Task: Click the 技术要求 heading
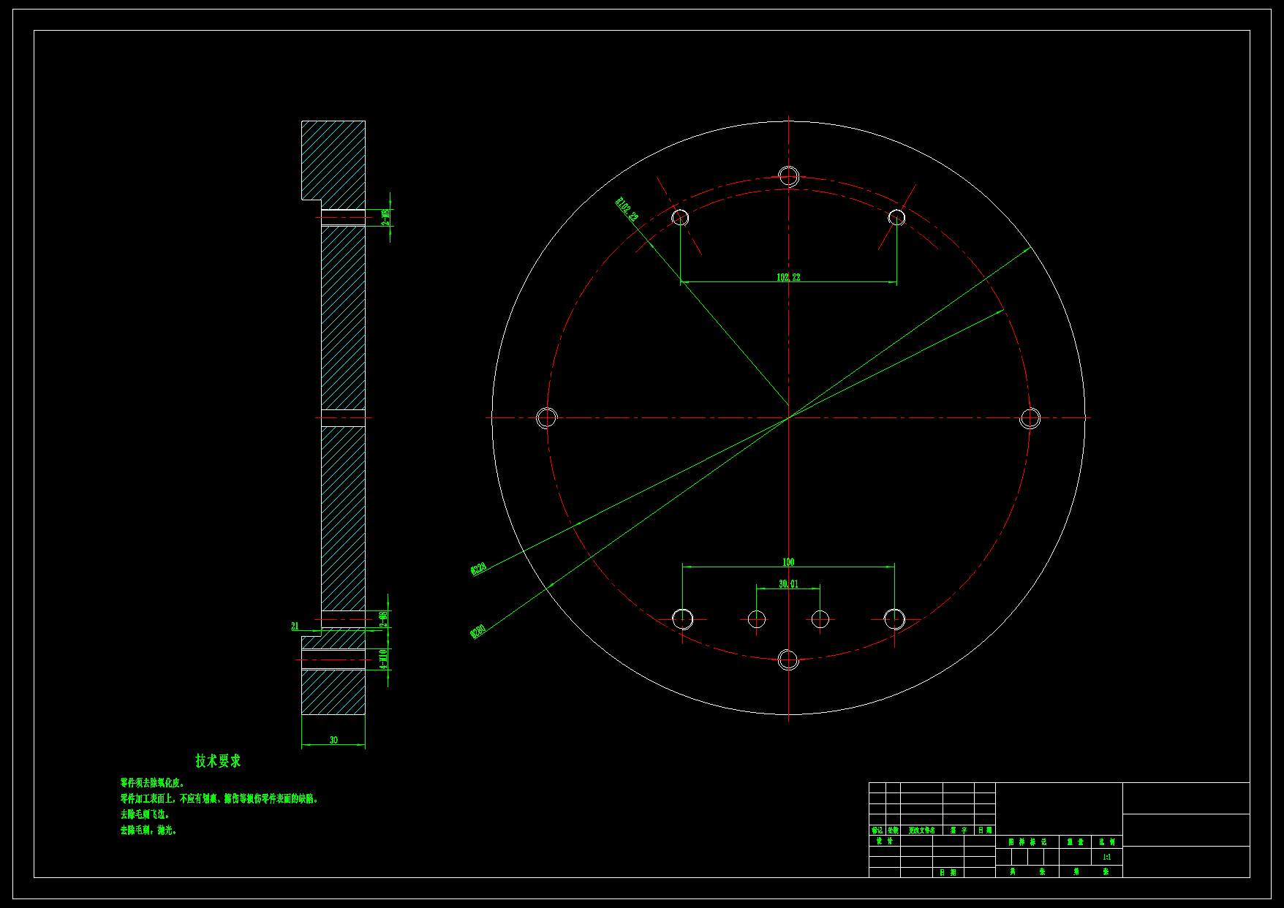pyautogui.click(x=218, y=761)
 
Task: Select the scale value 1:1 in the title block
pyautogui.click(x=1106, y=857)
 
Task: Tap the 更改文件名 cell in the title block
pyautogui.click(x=921, y=831)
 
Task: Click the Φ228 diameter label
pyautogui.click(x=479, y=569)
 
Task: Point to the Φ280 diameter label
pyautogui.click(x=478, y=630)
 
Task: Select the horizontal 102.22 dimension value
pyautogui.click(x=788, y=277)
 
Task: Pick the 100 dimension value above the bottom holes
pyautogui.click(x=788, y=562)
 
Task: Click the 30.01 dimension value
pyautogui.click(x=788, y=584)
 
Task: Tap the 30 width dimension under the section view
pyautogui.click(x=333, y=740)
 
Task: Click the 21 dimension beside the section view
pyautogui.click(x=295, y=627)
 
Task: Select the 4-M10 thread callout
pyautogui.click(x=384, y=659)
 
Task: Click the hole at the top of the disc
pyautogui.click(x=788, y=176)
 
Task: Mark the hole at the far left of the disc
pyautogui.click(x=547, y=418)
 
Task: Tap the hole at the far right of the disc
pyautogui.click(x=1030, y=418)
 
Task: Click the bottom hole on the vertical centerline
pyautogui.click(x=788, y=659)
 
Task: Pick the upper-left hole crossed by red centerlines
pyautogui.click(x=680, y=217)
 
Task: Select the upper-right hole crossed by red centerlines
pyautogui.click(x=896, y=217)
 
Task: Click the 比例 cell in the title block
pyautogui.click(x=1106, y=842)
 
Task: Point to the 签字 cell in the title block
pyautogui.click(x=959, y=831)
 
